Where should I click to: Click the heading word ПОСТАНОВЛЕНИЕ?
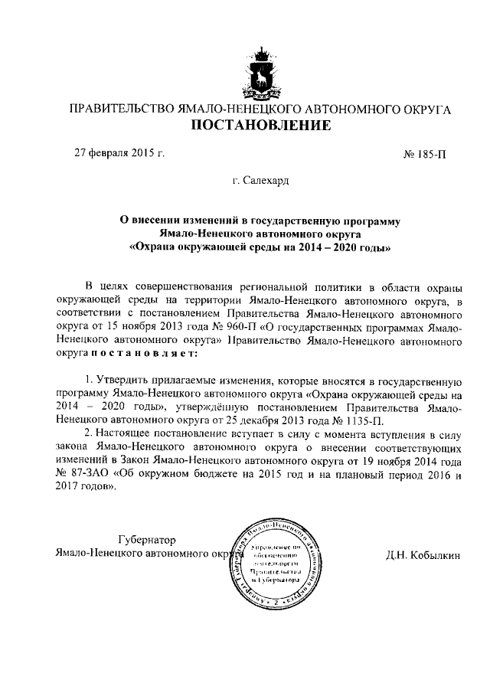click(260, 125)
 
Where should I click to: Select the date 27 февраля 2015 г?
click(119, 152)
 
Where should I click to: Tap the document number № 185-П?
click(424, 153)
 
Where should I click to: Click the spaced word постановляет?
click(147, 355)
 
